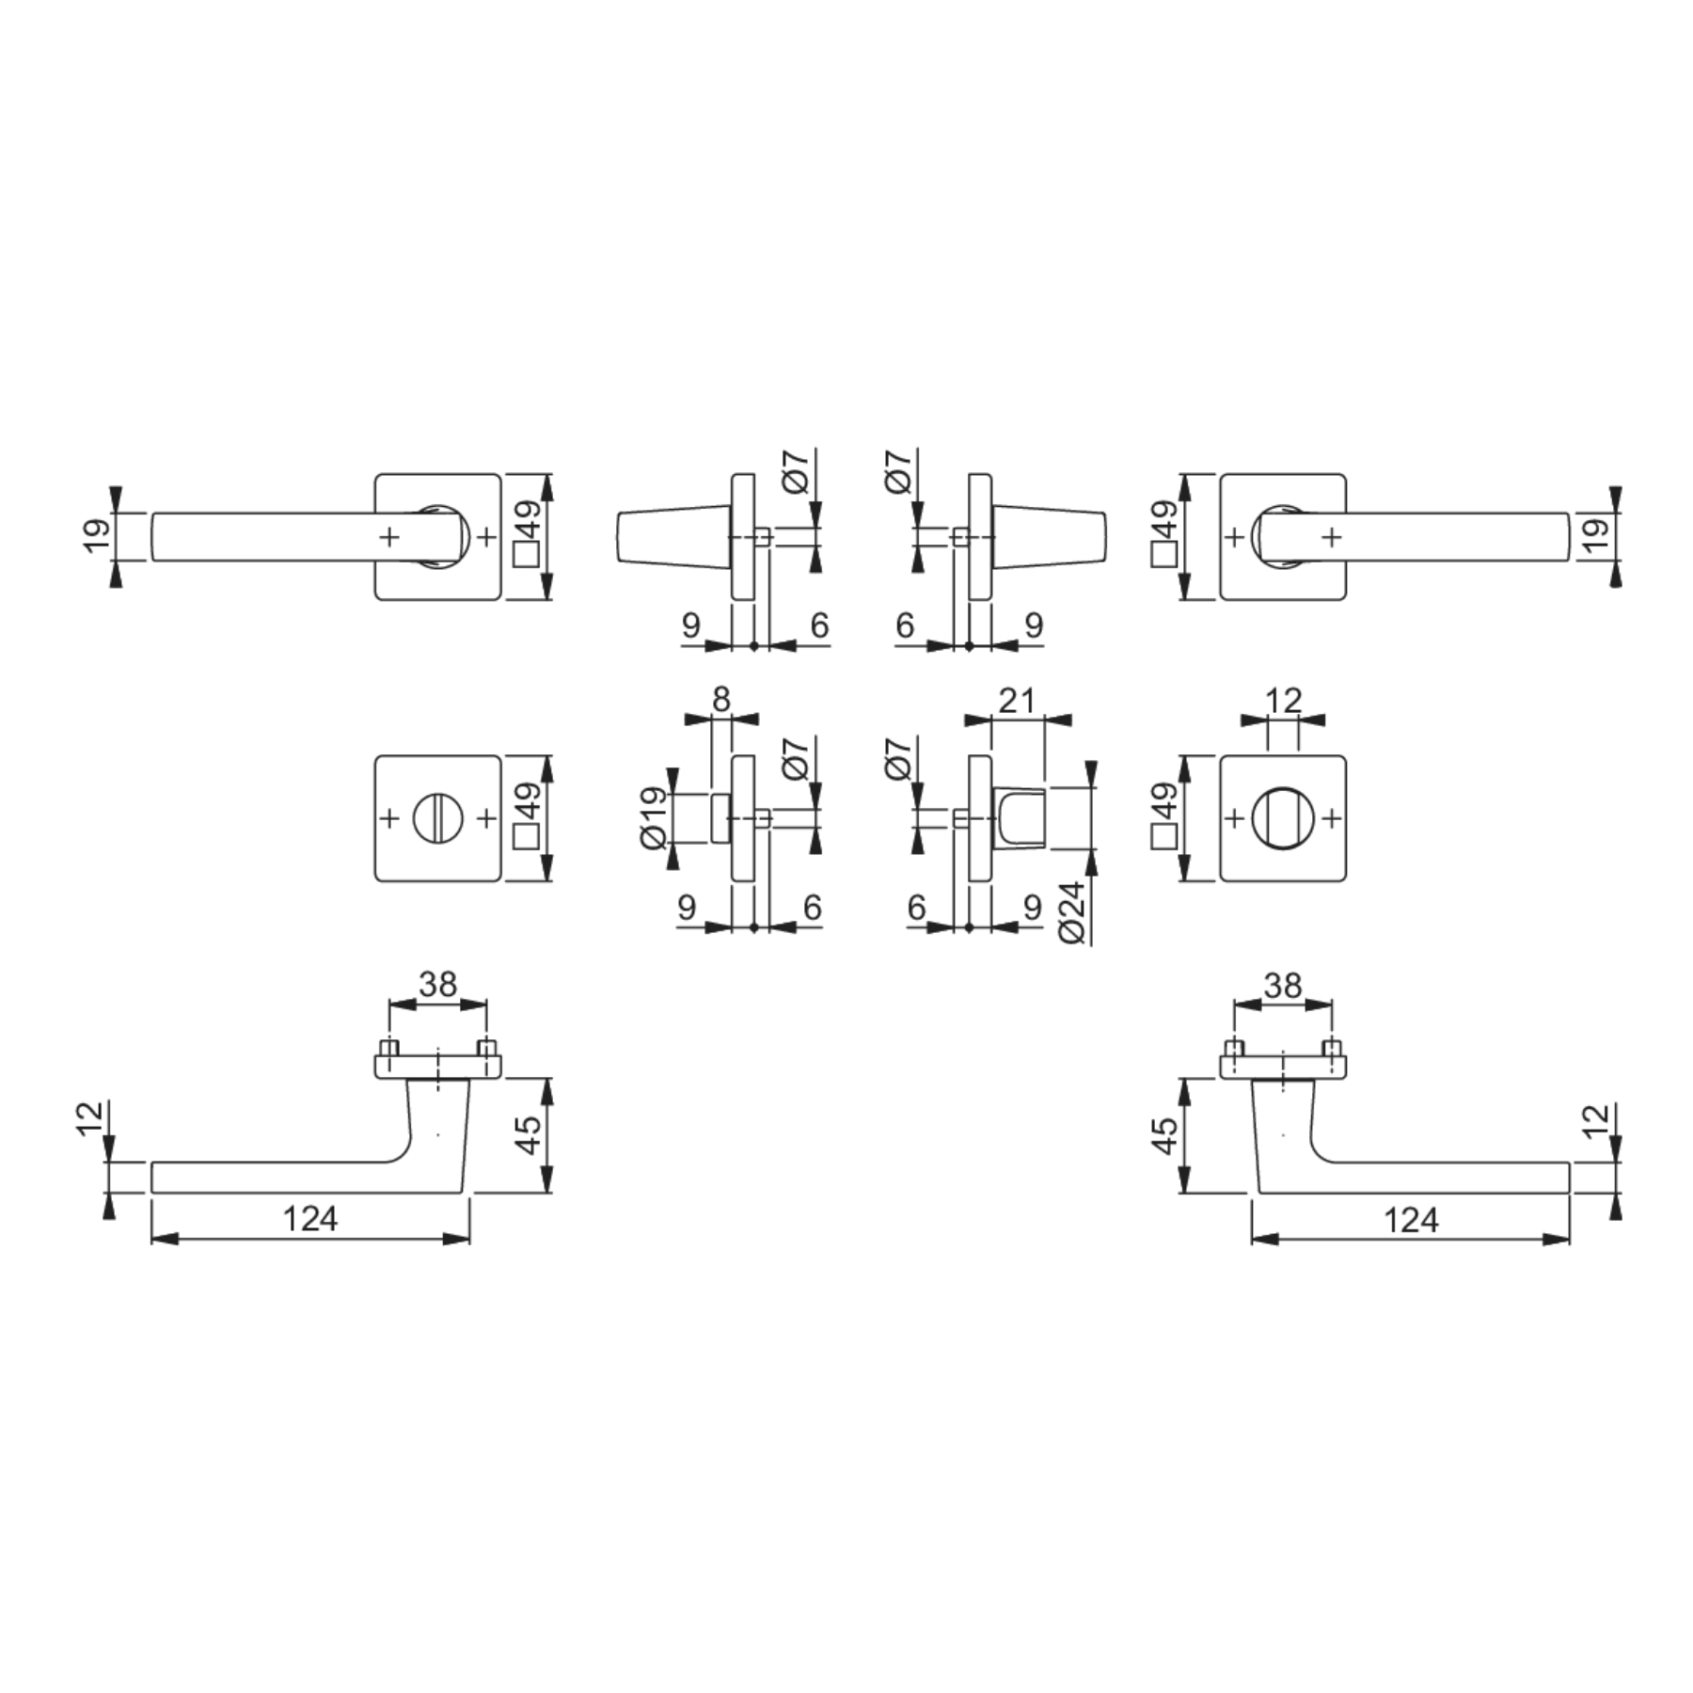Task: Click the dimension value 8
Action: coord(720,699)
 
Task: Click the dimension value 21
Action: coord(1017,700)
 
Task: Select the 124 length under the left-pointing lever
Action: coord(310,1219)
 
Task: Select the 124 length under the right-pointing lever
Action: coord(1411,1220)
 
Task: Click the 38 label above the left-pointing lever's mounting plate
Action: coord(438,985)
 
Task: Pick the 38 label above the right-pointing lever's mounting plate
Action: coord(1283,986)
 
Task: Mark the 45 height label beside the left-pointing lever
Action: coord(529,1134)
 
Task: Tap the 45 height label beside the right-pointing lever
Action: coord(1164,1135)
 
